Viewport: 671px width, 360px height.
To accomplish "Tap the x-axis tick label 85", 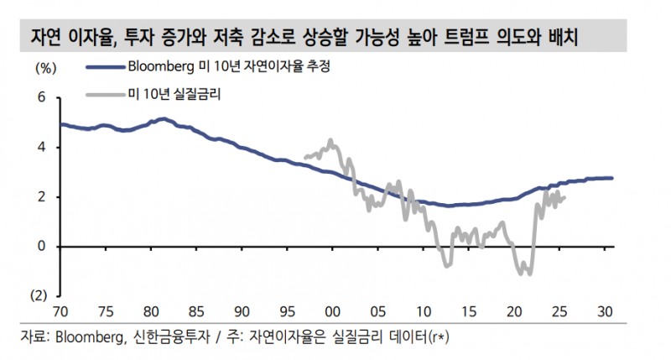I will (196, 311).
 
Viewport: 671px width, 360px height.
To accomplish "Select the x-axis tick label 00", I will (333, 311).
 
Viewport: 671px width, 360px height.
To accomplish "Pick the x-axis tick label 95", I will (288, 311).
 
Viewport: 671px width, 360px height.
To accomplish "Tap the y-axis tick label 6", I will (39, 98).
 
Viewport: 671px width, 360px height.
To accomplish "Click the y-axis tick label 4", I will (39, 148).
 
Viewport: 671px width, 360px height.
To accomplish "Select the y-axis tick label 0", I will (39, 247).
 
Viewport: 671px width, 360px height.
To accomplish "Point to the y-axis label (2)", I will (38, 296).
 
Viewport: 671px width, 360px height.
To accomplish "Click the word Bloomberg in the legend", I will (159, 68).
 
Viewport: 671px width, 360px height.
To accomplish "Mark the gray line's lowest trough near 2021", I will (526, 273).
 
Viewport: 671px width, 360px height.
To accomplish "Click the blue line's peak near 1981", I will (163, 119).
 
